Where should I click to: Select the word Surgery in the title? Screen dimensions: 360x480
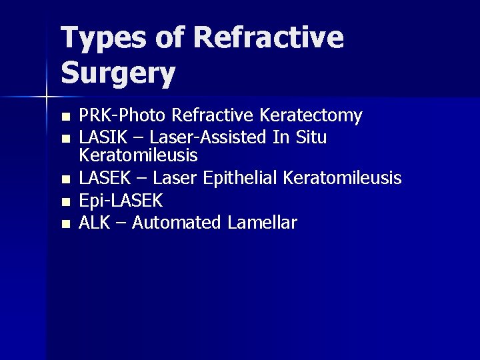[119, 74]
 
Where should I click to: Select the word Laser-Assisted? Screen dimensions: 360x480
[207, 138]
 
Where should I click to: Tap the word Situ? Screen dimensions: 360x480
[309, 138]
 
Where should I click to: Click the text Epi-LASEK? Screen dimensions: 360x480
[118, 201]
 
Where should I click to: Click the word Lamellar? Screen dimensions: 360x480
[261, 223]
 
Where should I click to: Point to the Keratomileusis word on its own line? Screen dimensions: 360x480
[138, 156]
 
